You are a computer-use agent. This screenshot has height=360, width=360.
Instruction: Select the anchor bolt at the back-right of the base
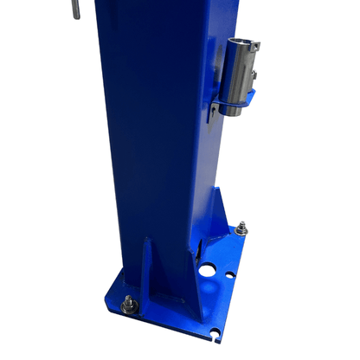(x=242, y=229)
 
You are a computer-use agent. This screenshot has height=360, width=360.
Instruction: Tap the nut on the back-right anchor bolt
(x=242, y=233)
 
